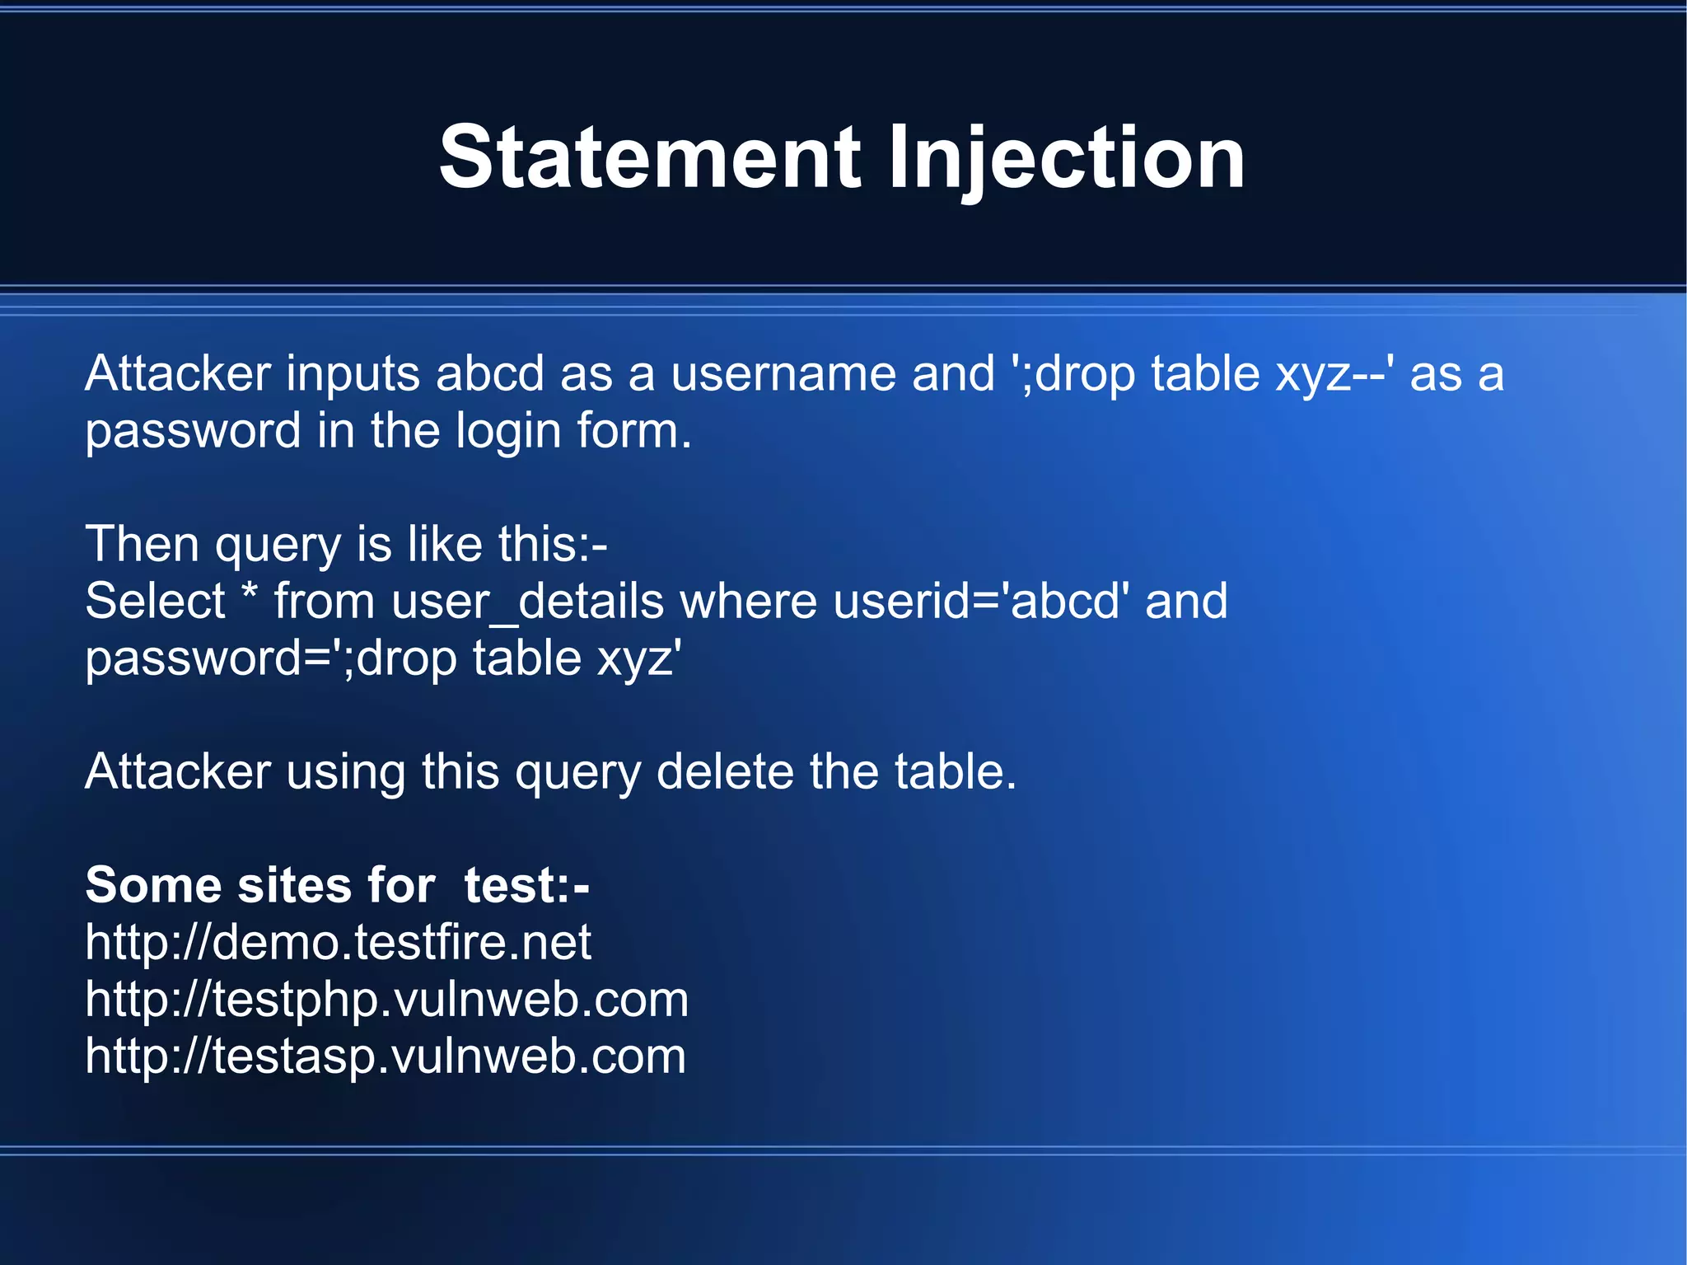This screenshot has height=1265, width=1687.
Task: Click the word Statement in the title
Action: pos(650,157)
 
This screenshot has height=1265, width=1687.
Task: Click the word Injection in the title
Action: pos(1066,157)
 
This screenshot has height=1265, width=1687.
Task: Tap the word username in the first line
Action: pos(783,373)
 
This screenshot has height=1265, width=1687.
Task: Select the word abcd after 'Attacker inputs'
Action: pos(489,373)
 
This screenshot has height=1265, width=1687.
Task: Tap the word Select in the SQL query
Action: pos(156,601)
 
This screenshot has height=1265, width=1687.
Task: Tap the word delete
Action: pos(725,772)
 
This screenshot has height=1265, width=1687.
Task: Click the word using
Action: pos(346,772)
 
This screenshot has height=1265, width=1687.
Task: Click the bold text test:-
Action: pos(526,885)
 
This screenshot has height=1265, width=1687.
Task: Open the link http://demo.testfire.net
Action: pos(338,942)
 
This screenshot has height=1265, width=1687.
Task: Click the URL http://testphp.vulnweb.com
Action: pos(386,1000)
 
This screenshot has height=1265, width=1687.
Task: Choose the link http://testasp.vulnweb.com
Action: pos(386,1056)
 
